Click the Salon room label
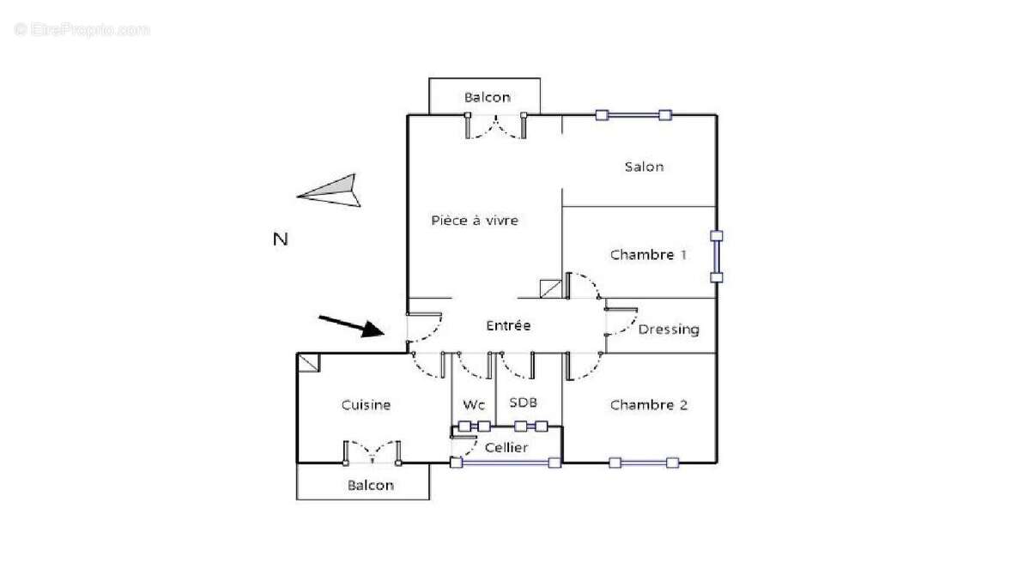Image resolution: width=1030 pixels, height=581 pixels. coord(645,166)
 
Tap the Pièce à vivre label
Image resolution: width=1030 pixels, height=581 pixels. coord(475,221)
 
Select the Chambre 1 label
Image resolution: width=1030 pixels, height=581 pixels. coord(648,255)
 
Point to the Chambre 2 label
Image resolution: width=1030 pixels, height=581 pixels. coord(649,405)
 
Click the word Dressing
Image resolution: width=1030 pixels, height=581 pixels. coord(669,330)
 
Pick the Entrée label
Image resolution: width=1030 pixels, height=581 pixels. coord(508,325)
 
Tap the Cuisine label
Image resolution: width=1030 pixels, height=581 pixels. coord(366,405)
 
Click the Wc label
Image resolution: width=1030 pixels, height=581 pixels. coord(474,405)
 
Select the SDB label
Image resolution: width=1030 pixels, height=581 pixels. coord(524,402)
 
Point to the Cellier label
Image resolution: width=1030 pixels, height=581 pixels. coord(506,447)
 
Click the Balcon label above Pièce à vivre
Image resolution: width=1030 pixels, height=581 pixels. coord(488,98)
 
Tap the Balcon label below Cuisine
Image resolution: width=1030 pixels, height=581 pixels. coord(371,486)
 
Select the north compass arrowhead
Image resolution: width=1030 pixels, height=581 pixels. coord(329,191)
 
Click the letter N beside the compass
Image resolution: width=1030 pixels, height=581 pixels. coord(281,239)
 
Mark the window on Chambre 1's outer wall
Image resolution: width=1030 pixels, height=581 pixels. coord(717,257)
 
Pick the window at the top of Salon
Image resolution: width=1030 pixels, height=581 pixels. coord(633,115)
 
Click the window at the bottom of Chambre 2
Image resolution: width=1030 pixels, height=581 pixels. coord(644,463)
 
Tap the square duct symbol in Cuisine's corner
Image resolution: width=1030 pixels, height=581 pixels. coord(308,362)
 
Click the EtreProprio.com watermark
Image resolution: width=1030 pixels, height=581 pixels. coord(82,30)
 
